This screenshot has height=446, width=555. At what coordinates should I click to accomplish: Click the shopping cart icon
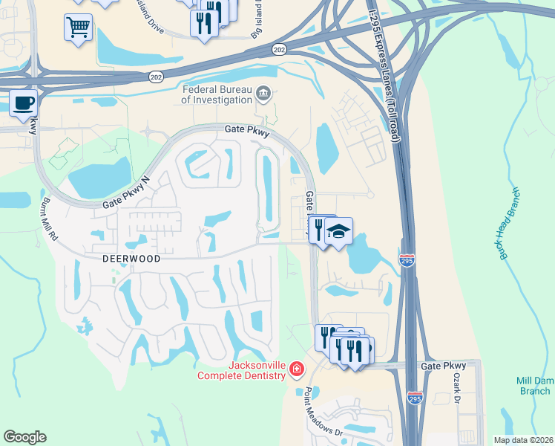[77, 28]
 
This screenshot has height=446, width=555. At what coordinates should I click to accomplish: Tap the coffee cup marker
[23, 103]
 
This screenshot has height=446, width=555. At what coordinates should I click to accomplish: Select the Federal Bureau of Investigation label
[217, 94]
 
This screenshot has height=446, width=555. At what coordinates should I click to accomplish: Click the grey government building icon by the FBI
[263, 94]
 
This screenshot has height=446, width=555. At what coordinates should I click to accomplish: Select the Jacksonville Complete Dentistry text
[241, 369]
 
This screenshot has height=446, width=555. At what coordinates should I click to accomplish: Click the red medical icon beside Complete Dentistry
[296, 369]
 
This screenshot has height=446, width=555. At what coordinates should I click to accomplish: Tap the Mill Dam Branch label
[535, 385]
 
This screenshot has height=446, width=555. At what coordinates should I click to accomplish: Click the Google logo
[25, 437]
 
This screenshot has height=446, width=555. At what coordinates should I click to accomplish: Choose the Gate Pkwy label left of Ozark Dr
[443, 366]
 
